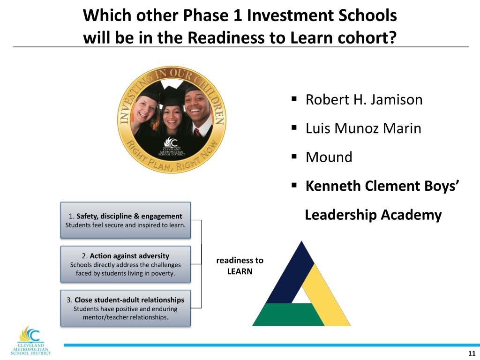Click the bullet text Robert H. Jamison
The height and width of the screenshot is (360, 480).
[364, 100]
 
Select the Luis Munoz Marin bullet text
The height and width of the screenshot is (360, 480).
[363, 128]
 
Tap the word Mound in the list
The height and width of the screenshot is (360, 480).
[329, 157]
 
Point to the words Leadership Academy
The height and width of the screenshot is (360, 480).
[373, 215]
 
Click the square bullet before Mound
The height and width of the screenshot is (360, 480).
[294, 157]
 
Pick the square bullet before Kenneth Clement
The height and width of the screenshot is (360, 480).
[294, 186]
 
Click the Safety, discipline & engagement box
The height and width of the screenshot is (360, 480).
[126, 220]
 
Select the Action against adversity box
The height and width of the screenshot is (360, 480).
[126, 264]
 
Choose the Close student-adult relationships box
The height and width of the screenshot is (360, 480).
[126, 308]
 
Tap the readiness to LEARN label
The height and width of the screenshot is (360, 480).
[240, 265]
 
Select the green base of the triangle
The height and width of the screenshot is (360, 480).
[288, 315]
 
